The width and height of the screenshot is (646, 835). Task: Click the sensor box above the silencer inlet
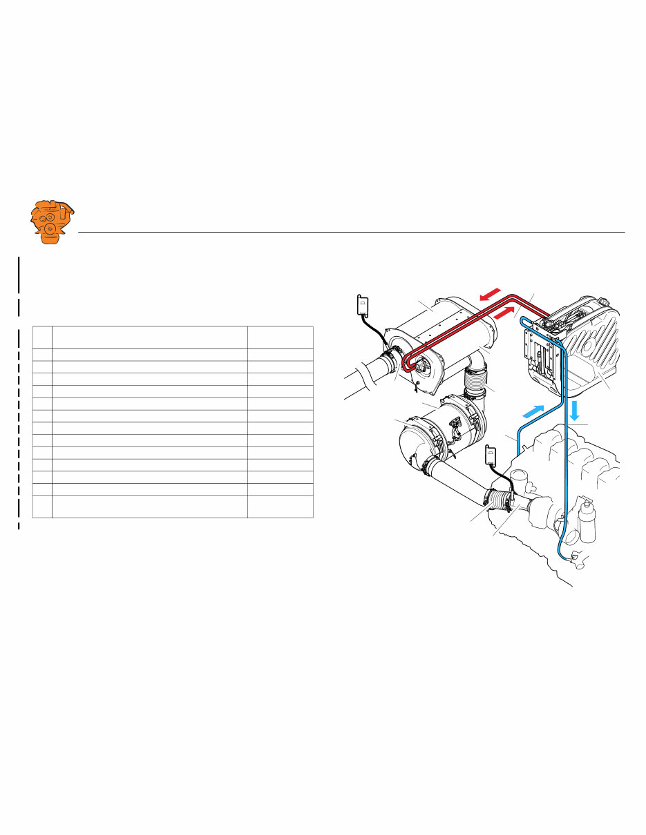pyautogui.click(x=361, y=306)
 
